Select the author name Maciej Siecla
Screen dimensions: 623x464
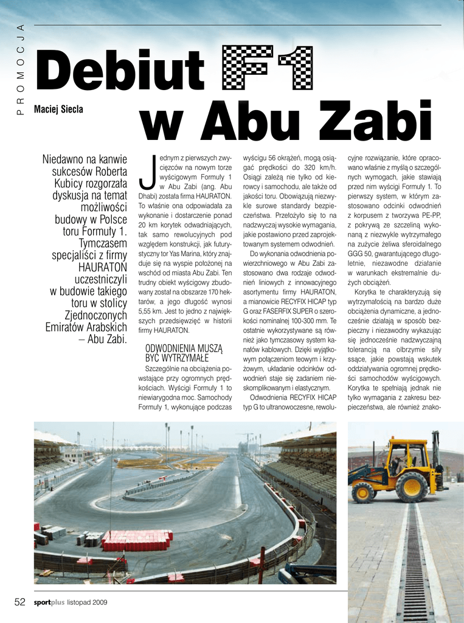click(58, 110)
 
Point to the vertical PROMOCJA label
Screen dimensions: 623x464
click(20, 69)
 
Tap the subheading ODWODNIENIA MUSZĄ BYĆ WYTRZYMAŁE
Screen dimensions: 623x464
click(184, 353)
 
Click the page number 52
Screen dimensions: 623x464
click(20, 602)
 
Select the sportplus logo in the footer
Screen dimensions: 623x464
click(49, 602)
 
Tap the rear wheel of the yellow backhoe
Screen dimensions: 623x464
click(412, 486)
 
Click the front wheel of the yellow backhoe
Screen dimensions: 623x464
click(364, 492)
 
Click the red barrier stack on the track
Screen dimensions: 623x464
click(136, 540)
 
